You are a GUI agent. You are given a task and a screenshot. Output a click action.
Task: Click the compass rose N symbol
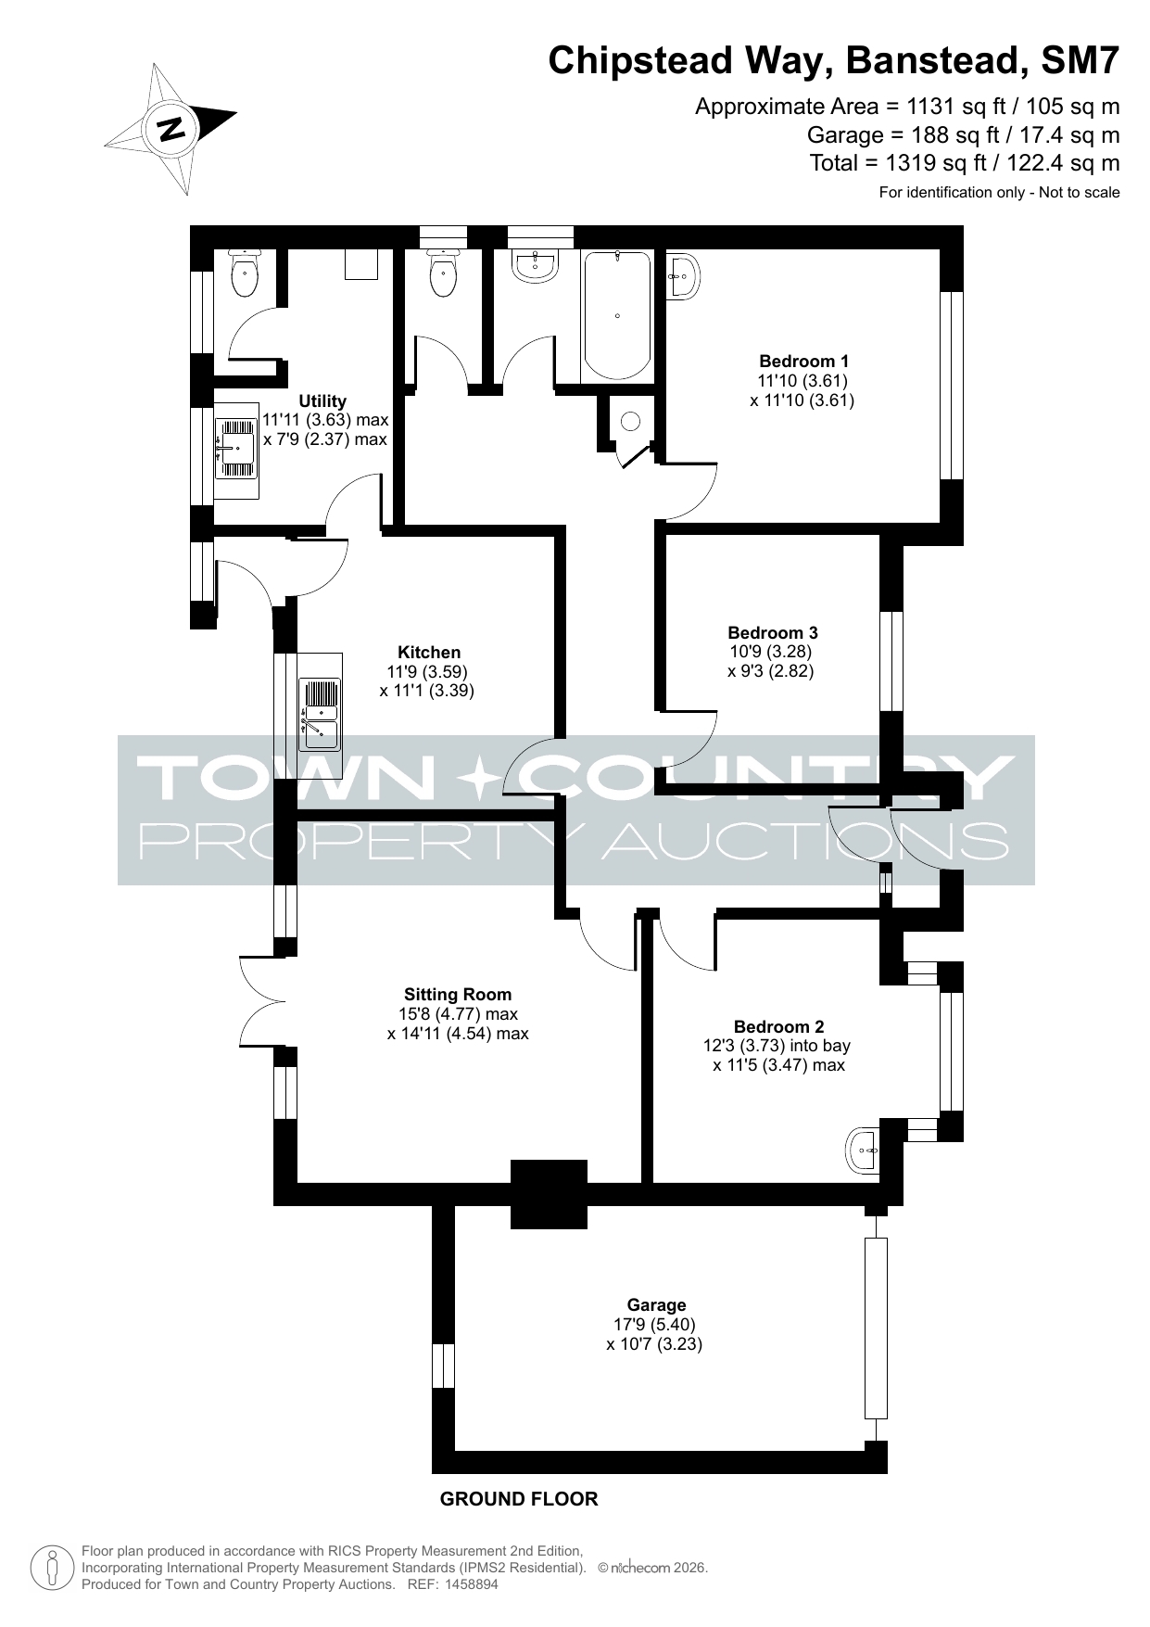click(171, 128)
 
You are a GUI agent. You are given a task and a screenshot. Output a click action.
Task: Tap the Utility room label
click(322, 401)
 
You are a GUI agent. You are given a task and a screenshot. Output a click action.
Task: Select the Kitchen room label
click(429, 653)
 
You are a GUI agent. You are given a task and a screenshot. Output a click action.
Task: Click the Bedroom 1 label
click(803, 362)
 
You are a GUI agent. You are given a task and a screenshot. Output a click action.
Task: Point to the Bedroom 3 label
click(773, 633)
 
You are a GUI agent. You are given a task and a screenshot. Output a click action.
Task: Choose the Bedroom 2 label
click(778, 1026)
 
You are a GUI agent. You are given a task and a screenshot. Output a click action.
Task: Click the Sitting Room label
click(458, 995)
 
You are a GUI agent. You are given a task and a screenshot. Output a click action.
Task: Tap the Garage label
click(656, 1305)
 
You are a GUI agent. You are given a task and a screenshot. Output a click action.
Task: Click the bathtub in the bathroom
click(618, 316)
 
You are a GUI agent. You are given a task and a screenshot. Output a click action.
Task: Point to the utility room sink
click(236, 449)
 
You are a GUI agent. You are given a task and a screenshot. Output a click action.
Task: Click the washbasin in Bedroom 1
click(683, 275)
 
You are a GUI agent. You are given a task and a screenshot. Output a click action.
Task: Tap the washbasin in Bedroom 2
click(864, 1150)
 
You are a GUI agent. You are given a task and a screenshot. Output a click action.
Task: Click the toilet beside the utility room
click(245, 273)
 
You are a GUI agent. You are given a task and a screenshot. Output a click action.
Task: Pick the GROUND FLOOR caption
click(519, 1499)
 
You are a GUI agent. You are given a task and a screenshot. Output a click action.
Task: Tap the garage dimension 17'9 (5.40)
click(656, 1325)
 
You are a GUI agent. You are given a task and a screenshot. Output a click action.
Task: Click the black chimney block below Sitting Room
click(550, 1194)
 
